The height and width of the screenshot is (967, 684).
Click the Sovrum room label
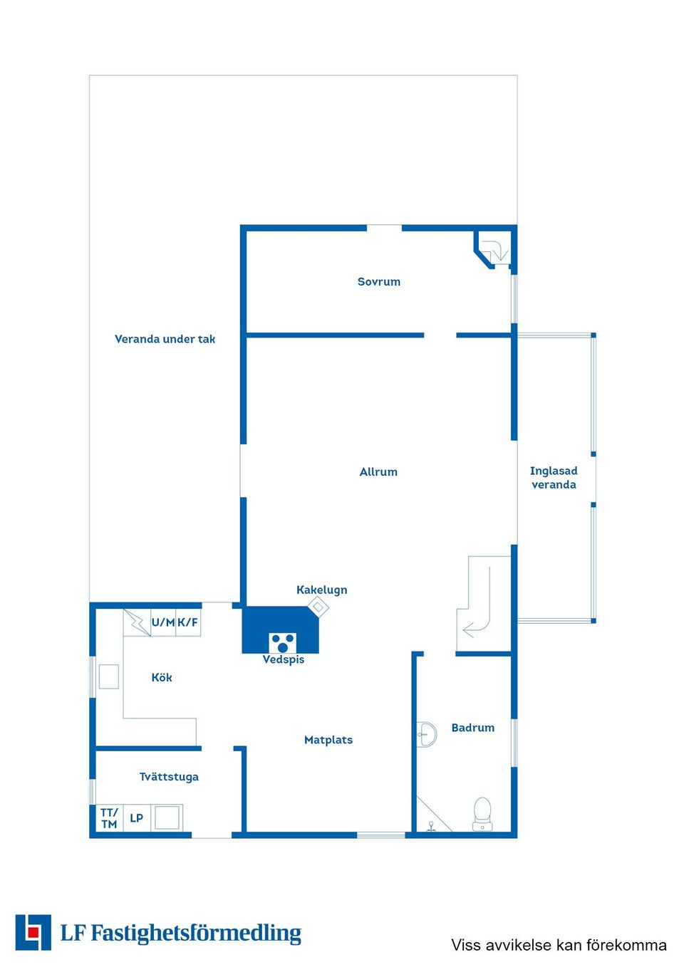pyautogui.click(x=379, y=282)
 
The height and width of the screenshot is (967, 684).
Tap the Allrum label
pyautogui.click(x=378, y=472)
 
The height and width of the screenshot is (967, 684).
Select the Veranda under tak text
pyautogui.click(x=165, y=340)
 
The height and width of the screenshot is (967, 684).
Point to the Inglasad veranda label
pyautogui.click(x=554, y=478)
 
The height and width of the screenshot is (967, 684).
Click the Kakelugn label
pyautogui.click(x=322, y=590)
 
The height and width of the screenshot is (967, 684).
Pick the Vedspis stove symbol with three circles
pyautogui.click(x=283, y=643)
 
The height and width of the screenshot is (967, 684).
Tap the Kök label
pyautogui.click(x=162, y=677)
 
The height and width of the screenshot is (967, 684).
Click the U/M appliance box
pyautogui.click(x=162, y=622)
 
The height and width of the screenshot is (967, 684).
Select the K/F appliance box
pyautogui.click(x=188, y=622)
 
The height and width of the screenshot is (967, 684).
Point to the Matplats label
pyautogui.click(x=328, y=740)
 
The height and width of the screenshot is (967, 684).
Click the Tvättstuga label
pyautogui.click(x=169, y=777)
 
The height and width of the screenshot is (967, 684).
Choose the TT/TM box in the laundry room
pyautogui.click(x=109, y=818)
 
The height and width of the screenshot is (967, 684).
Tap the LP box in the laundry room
pyautogui.click(x=137, y=818)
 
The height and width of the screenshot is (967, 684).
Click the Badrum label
pyautogui.click(x=473, y=728)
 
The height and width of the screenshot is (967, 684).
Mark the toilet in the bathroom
pyautogui.click(x=482, y=814)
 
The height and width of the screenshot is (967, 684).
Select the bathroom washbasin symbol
pyautogui.click(x=427, y=734)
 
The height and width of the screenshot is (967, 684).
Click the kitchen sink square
pyautogui.click(x=109, y=676)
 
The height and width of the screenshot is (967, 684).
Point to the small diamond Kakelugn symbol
pyautogui.click(x=318, y=607)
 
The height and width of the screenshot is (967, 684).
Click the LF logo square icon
pyautogui.click(x=33, y=933)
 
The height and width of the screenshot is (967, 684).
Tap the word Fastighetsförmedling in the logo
pyautogui.click(x=196, y=934)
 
